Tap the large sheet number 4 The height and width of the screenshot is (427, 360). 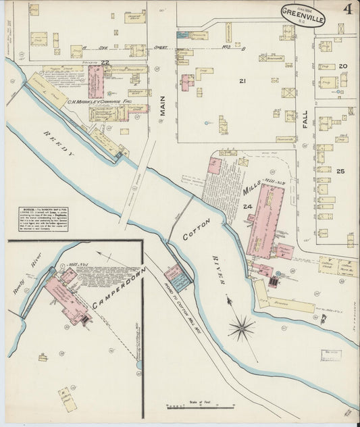(347, 10)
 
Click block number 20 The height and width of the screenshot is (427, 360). (342, 66)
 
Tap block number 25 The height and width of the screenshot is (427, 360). (340, 171)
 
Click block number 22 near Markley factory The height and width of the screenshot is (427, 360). (105, 62)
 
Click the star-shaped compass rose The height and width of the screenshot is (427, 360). (241, 329)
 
